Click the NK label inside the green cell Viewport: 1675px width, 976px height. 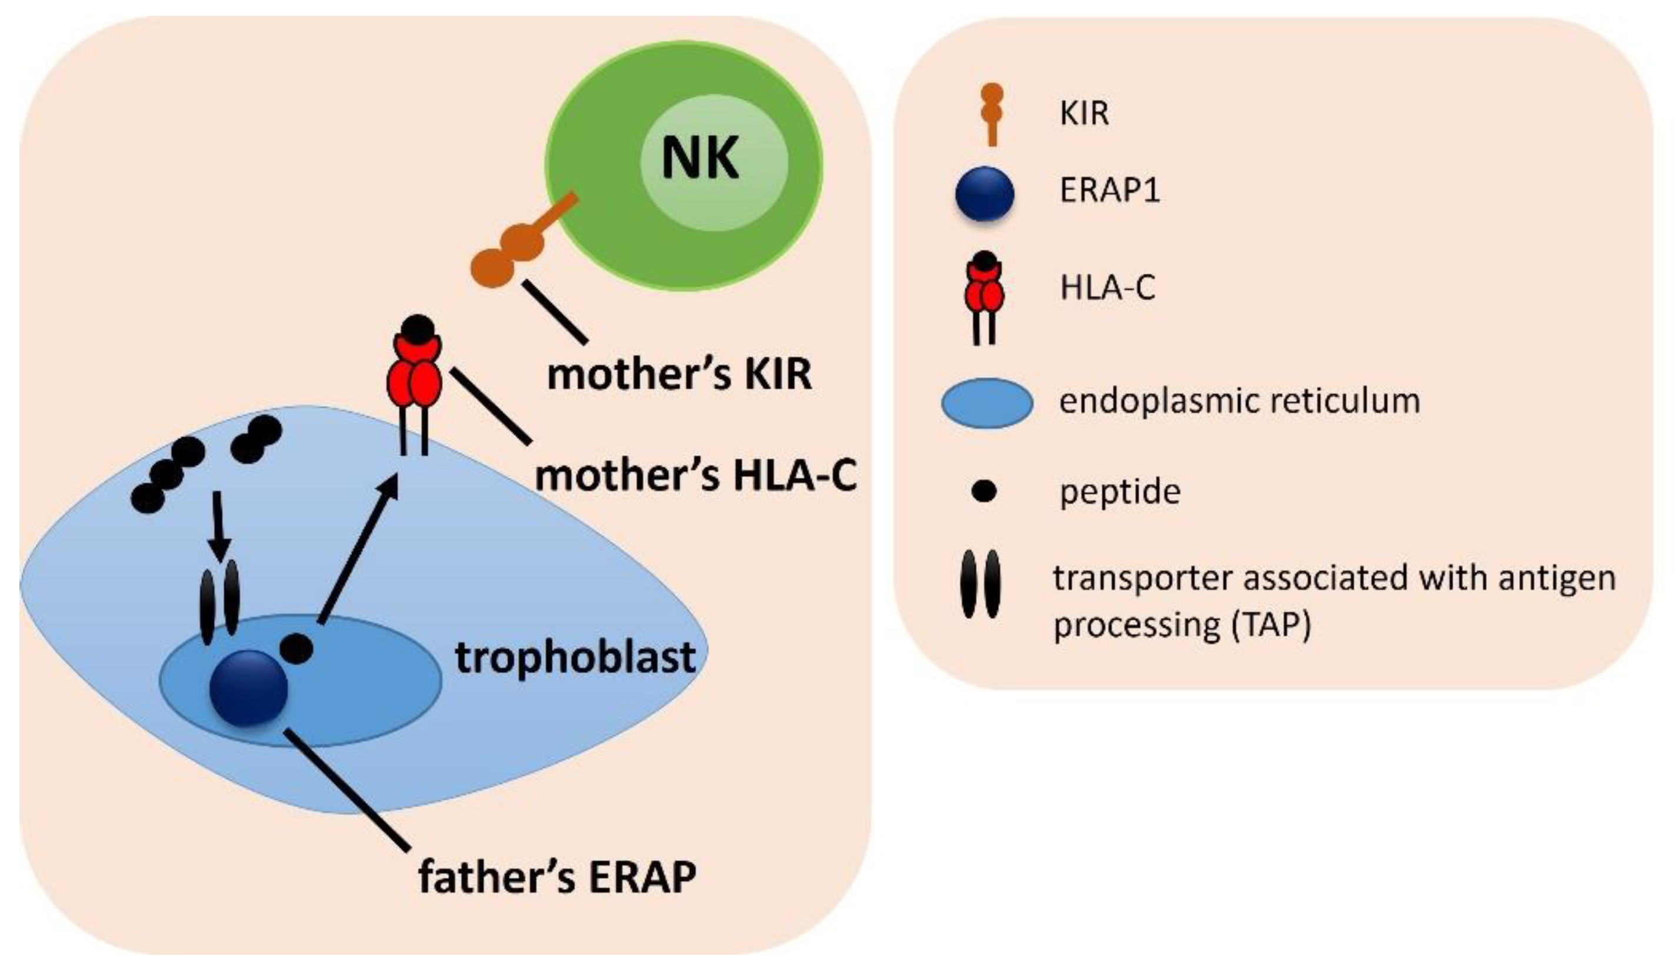click(700, 159)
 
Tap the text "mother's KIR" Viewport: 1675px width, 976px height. click(679, 375)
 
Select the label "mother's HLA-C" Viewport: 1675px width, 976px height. click(695, 476)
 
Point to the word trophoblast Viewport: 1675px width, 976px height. click(575, 658)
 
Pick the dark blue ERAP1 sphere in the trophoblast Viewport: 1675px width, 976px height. click(248, 688)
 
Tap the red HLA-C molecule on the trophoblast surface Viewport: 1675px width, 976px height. click(414, 372)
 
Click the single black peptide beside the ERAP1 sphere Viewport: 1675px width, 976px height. click(296, 648)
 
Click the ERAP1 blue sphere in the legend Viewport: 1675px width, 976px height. click(985, 194)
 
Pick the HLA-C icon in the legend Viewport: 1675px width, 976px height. click(985, 296)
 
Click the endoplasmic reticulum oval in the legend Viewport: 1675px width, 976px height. click(987, 403)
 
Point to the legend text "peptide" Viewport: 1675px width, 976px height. click(1120, 492)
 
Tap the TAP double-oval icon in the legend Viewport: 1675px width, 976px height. click(980, 584)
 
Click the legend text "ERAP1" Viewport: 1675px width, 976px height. click(1109, 191)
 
